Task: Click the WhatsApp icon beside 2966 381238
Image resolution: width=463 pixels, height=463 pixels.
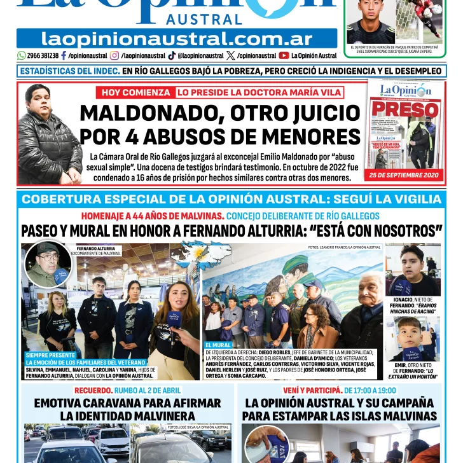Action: [x=22, y=55]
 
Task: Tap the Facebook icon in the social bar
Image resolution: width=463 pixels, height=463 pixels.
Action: [x=63, y=55]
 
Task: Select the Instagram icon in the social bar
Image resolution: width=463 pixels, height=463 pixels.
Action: [x=114, y=55]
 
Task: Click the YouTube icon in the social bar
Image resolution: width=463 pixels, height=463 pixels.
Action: [x=284, y=55]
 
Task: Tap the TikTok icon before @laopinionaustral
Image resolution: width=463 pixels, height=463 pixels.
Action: [x=172, y=55]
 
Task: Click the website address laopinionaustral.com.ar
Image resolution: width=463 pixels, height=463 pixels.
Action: [x=176, y=39]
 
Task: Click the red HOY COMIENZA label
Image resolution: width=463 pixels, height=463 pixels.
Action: [x=135, y=92]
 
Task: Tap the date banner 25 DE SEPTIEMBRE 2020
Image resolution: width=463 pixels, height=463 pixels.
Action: [x=403, y=175]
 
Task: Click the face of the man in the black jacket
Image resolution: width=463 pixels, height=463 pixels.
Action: [x=39, y=100]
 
